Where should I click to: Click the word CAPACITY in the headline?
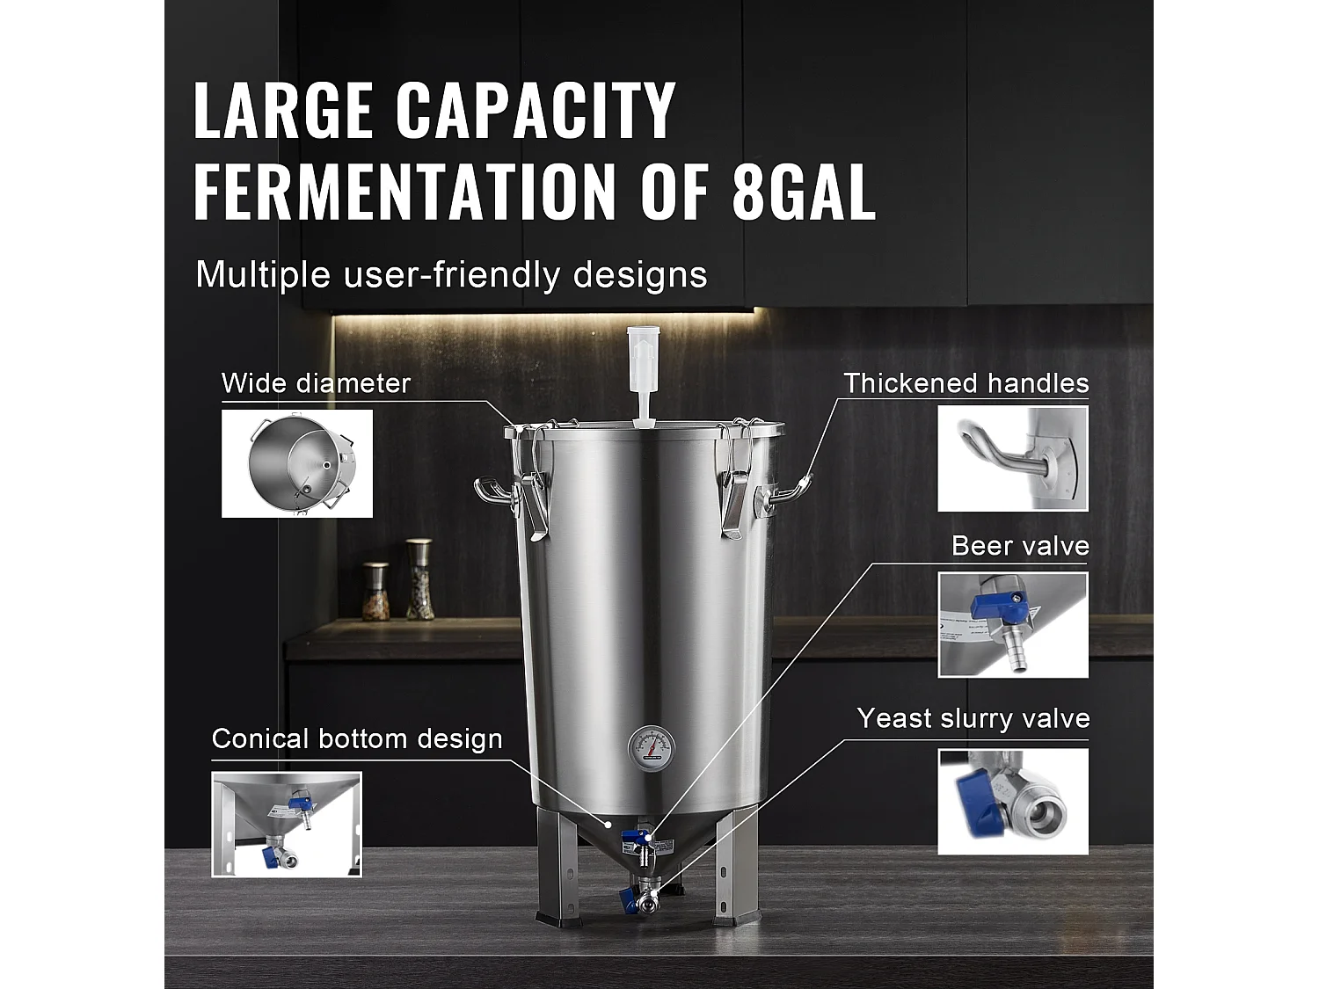(536, 110)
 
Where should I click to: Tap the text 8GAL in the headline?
(804, 191)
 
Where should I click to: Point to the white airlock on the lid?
(638, 374)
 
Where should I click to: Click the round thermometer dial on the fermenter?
(651, 748)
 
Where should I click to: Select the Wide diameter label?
(316, 383)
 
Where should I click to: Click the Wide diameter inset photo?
(297, 463)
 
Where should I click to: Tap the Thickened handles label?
(966, 383)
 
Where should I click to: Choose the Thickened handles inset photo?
(1012, 458)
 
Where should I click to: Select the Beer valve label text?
(1020, 546)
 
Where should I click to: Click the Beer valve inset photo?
(1012, 624)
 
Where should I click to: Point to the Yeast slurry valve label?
(973, 718)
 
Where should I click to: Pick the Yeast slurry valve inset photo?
(1012, 801)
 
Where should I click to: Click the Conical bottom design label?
(357, 738)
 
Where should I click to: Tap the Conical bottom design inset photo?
(287, 824)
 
